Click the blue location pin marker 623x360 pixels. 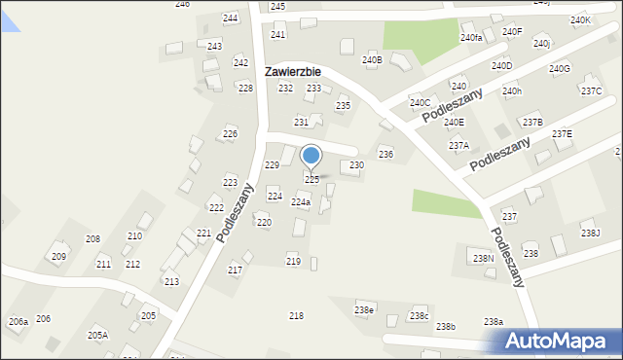(311, 156)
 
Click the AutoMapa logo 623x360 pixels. (559, 341)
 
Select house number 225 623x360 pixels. (311, 180)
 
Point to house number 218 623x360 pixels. (296, 316)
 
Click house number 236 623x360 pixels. (385, 155)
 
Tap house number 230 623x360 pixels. (356, 165)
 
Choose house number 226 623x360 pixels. (230, 133)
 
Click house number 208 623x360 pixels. (92, 238)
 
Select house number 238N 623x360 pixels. (483, 259)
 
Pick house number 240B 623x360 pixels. (372, 60)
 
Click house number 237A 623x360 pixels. (458, 145)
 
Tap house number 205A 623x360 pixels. (97, 335)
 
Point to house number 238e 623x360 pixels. (363, 310)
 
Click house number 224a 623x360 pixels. (301, 202)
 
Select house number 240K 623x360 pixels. (580, 19)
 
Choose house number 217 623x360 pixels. (235, 270)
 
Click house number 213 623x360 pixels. (171, 281)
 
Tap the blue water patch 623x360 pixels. (9, 17)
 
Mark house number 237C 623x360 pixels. (591, 91)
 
